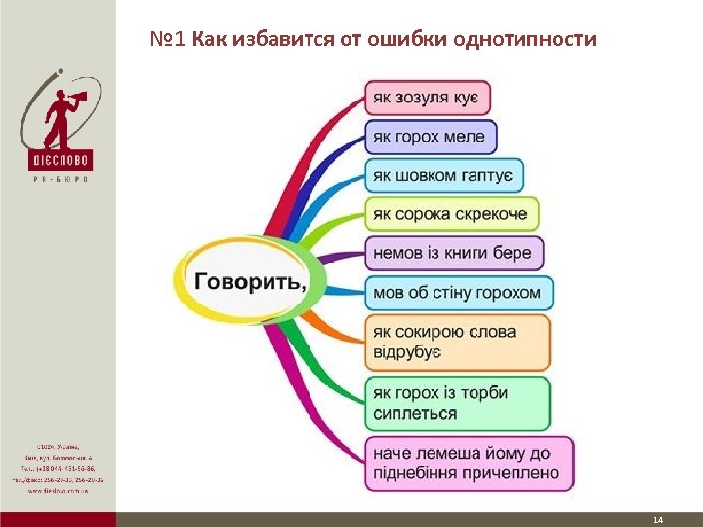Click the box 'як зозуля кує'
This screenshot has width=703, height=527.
428,98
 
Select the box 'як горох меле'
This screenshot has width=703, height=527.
431,137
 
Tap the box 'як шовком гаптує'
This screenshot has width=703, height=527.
444,176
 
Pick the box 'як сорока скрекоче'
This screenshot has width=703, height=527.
451,214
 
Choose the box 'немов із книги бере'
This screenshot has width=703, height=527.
453,253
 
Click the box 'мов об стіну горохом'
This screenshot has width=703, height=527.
458,292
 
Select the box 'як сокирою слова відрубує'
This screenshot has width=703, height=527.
457,341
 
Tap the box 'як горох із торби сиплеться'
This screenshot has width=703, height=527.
457,403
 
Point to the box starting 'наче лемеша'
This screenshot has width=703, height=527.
469,464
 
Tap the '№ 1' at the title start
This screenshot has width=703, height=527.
168,40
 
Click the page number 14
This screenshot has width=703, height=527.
657,520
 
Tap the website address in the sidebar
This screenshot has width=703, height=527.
59,491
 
